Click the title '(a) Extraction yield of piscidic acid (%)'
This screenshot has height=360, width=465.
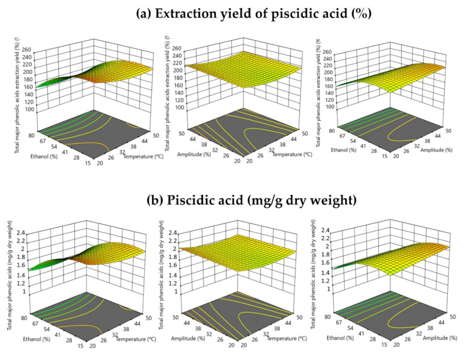coord(254,14)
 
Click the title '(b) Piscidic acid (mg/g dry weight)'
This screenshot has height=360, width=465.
coord(251,200)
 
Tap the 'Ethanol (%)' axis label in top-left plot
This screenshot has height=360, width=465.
coord(44,156)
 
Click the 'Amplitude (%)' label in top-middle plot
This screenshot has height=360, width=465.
coord(194,154)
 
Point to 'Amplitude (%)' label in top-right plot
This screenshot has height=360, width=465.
coord(436,150)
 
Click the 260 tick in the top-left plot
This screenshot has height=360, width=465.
coord(27,50)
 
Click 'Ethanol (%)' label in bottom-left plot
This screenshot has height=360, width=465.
coord(36,339)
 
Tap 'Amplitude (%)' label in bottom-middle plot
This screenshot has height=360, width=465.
coord(188,339)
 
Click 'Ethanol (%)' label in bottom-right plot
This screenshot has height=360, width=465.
coord(340,338)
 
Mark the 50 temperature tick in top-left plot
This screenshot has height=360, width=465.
coord(156,135)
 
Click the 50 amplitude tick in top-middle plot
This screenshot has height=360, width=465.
coord(182,134)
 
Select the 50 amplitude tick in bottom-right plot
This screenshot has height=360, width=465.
coord(453,317)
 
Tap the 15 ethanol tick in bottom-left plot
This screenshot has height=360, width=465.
coord(80,346)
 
